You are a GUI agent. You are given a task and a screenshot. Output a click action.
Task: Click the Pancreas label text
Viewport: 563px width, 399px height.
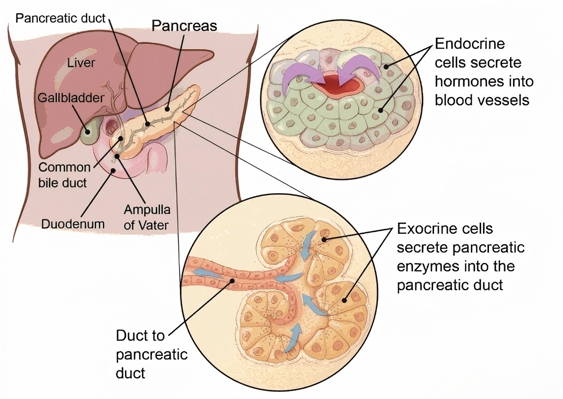coord(184,25)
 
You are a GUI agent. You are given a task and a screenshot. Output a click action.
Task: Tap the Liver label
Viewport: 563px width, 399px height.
coord(81,63)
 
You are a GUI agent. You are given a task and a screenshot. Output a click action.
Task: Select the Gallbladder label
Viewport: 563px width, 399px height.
coord(72,97)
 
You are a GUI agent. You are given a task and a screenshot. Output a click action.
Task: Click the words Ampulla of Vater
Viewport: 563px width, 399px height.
coord(147,218)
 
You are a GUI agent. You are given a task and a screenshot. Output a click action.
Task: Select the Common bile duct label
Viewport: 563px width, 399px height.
coord(64,175)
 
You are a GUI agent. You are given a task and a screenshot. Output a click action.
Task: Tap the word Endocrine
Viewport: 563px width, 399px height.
coord(470,44)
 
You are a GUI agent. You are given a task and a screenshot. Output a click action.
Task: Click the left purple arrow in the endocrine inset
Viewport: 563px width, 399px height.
coord(297,73)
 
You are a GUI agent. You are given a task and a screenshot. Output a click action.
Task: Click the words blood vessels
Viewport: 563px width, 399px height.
coord(482,100)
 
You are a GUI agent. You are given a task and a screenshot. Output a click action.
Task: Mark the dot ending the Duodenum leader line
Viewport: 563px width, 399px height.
coord(115,171)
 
